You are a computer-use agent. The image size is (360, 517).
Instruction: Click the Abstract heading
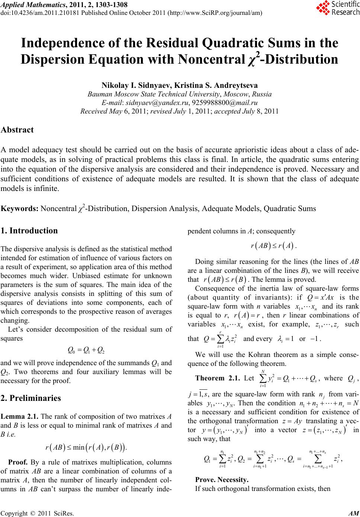coord(17,130)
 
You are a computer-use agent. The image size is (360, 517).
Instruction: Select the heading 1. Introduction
coord(29,231)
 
